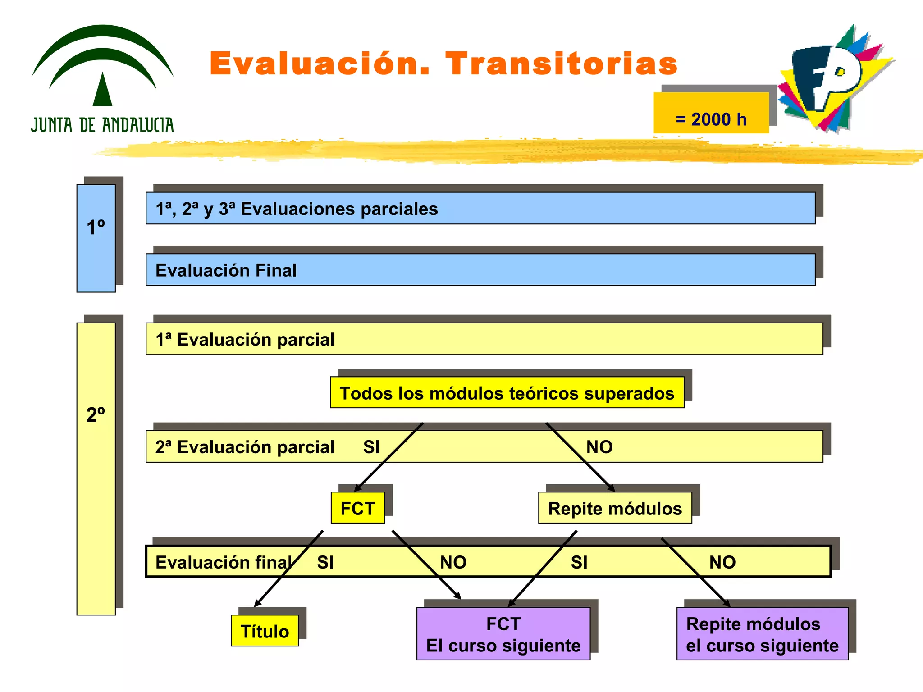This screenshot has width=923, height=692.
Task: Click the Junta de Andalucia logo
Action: (x=102, y=79)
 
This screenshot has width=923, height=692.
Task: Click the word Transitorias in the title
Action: (x=561, y=64)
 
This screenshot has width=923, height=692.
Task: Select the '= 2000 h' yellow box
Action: (x=711, y=113)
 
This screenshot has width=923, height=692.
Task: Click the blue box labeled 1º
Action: (x=96, y=238)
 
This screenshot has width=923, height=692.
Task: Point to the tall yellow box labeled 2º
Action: (x=96, y=469)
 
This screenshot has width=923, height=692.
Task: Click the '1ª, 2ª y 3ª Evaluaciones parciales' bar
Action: (x=480, y=209)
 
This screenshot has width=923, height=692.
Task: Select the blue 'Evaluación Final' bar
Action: (x=480, y=270)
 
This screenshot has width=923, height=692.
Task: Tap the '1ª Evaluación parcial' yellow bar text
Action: (x=245, y=339)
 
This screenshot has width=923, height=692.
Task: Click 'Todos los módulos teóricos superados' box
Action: (x=507, y=393)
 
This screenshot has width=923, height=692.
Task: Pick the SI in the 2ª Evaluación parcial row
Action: (x=371, y=447)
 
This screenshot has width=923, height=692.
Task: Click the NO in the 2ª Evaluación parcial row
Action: (x=599, y=447)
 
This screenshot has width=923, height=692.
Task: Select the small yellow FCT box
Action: (x=357, y=508)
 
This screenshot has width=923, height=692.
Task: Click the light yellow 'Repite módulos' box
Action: (x=615, y=508)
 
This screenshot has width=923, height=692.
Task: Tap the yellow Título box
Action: (x=265, y=631)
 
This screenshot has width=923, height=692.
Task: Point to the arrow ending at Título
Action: (x=288, y=569)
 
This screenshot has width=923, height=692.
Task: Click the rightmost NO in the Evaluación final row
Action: (x=722, y=562)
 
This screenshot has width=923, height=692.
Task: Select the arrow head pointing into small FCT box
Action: (x=356, y=489)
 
